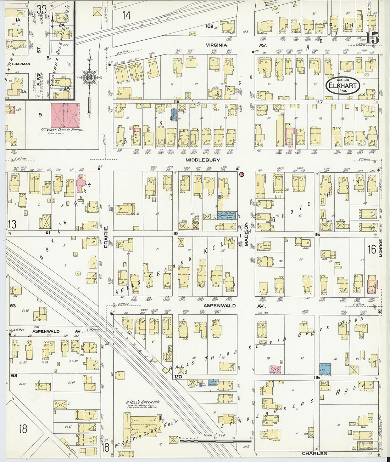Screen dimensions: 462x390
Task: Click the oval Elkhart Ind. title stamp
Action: (x=343, y=86)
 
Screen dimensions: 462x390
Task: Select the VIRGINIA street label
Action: (x=217, y=45)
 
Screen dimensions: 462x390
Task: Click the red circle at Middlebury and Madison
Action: (x=242, y=174)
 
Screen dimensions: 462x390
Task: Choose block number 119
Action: (x=174, y=234)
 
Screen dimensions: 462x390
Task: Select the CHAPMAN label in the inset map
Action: (x=21, y=64)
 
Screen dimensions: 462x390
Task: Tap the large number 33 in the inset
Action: (x=41, y=9)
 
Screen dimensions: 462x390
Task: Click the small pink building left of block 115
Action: (x=275, y=369)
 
